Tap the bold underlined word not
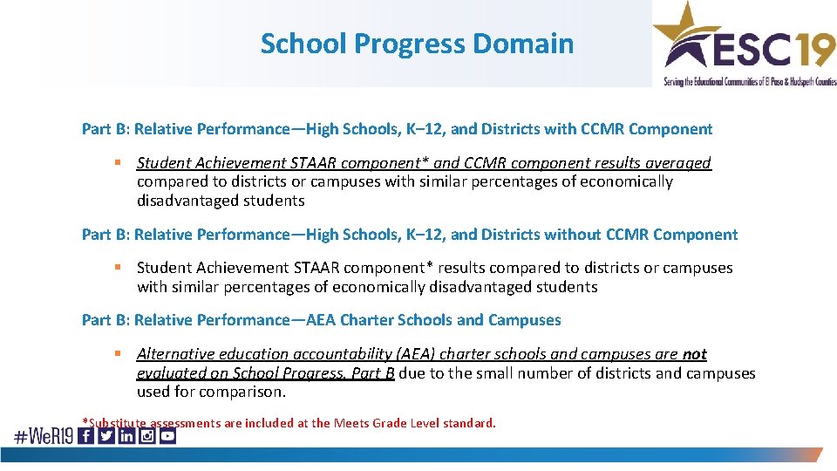(x=695, y=354)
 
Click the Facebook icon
(x=86, y=435)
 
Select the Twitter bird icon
(x=106, y=435)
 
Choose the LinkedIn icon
(x=126, y=435)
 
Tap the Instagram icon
(x=146, y=435)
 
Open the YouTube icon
(x=167, y=435)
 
